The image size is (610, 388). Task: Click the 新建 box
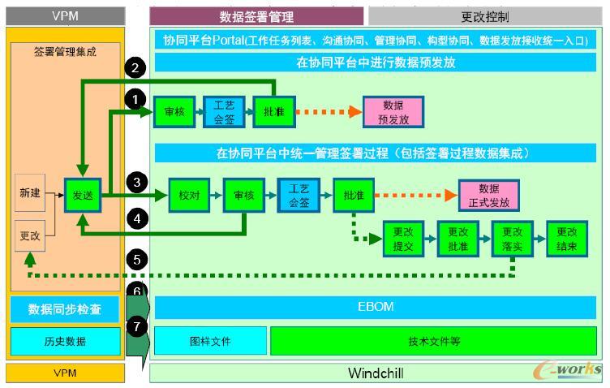29,194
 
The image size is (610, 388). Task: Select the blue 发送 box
82,196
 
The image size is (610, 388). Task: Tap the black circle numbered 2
136,68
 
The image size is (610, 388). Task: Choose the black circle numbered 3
136,183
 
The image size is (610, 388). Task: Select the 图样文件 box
209,341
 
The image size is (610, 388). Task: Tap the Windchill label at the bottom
376,373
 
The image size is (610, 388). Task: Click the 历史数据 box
64,341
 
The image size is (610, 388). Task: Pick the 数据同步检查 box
64,309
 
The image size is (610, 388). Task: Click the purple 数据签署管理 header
256,16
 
